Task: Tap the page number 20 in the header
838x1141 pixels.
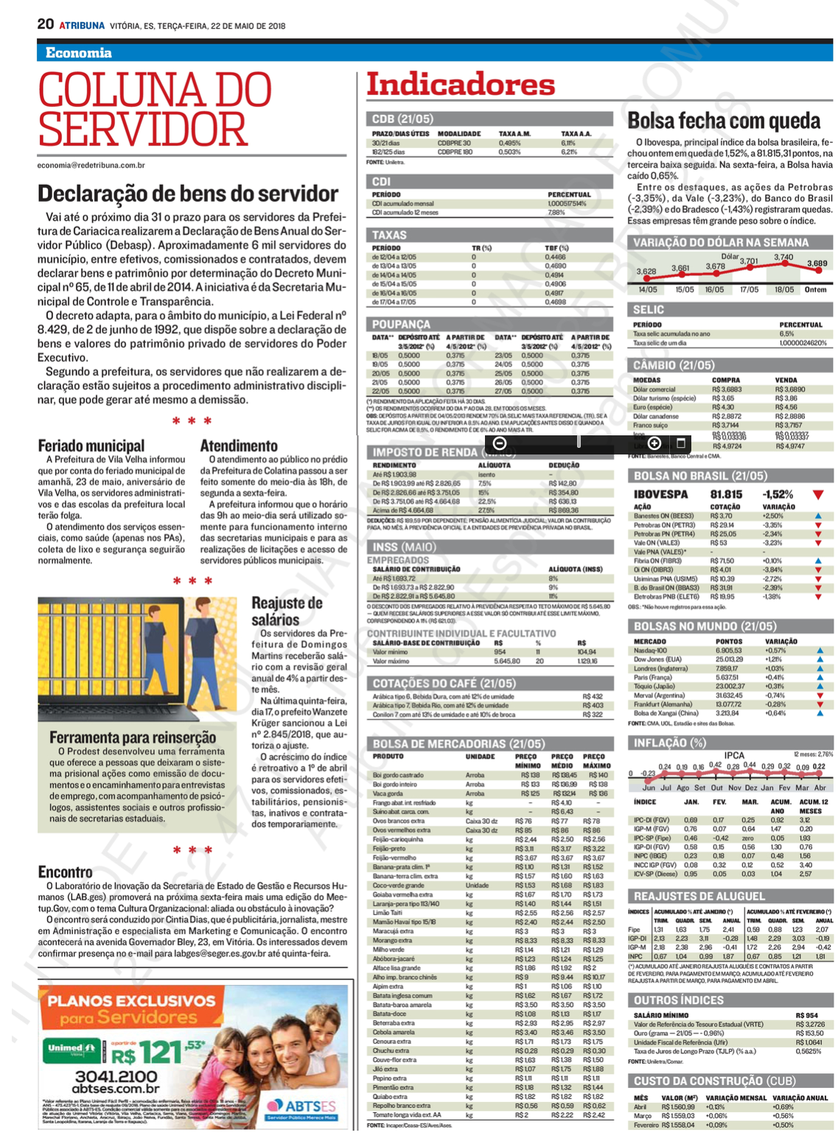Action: pos(46,24)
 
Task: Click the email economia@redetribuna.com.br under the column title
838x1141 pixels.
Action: pos(91,166)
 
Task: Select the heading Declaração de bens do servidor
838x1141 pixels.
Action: pos(188,194)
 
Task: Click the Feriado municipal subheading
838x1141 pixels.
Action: pos(91,446)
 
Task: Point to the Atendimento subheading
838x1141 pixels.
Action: pos(239,446)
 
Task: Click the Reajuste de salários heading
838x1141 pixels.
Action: pos(287,611)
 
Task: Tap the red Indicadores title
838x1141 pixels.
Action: pos(461,85)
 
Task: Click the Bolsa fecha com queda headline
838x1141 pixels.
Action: pos(724,121)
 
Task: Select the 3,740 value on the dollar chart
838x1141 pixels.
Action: pos(783,257)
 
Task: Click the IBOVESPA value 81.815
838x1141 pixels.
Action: pos(726,494)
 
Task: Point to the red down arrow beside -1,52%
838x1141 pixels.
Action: pos(818,495)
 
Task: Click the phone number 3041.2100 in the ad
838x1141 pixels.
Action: pos(116,1076)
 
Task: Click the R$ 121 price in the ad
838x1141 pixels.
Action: pos(155,1052)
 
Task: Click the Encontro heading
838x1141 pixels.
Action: pos(66,872)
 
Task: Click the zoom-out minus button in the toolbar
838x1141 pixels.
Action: pos(499,443)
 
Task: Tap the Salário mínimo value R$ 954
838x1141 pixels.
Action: pos(806,1015)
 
